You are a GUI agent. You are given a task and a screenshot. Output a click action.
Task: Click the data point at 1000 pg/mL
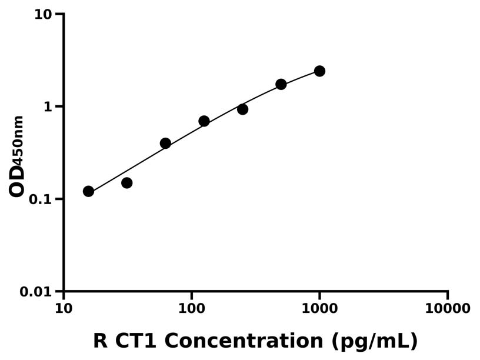coord(319,71)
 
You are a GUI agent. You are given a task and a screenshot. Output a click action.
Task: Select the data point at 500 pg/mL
coord(281,84)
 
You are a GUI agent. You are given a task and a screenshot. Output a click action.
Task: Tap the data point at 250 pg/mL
coord(242,109)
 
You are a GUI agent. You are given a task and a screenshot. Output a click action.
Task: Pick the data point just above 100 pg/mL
coord(204,121)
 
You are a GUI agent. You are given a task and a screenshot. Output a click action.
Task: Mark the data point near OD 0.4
coord(165,144)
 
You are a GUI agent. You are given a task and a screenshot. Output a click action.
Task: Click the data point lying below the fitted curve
coord(126,183)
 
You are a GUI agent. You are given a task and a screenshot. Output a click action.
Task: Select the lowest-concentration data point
coord(88,191)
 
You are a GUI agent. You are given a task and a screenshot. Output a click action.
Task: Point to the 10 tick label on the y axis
coord(43,14)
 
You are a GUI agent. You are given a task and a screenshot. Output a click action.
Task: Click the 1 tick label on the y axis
coord(49,107)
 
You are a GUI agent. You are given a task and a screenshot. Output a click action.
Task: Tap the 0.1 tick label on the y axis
coord(39,199)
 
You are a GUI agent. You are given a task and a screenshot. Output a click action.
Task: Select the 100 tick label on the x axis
coord(191,309)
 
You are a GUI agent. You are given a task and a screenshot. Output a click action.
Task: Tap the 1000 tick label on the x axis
coord(319,309)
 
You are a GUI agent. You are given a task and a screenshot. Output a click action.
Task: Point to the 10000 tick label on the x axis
coord(447,309)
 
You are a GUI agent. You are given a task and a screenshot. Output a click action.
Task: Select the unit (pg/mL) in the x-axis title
coord(374,341)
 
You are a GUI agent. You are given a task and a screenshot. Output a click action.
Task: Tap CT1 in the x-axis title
coord(138,341)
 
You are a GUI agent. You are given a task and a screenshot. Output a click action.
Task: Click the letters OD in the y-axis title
coord(17,181)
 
